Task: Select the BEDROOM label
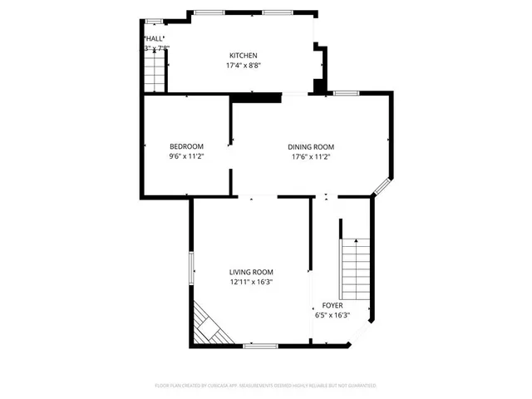186,146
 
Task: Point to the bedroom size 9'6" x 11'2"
186,156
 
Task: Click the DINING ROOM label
311,146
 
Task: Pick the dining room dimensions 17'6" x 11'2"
311,156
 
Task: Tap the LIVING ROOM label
251,272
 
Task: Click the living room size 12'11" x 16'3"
251,282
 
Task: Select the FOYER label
332,305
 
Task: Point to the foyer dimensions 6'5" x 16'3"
332,315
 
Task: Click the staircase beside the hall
155,76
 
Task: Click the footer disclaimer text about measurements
266,386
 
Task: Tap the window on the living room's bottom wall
260,345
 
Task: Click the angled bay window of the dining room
384,187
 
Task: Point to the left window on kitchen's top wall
209,12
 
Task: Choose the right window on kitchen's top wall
276,12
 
